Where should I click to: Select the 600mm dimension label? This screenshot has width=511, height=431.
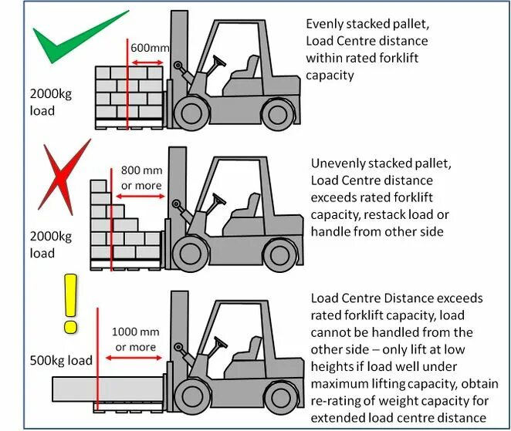[x=149, y=49]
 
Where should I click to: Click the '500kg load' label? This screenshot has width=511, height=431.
[x=63, y=360]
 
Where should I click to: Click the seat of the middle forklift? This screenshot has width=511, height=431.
[x=249, y=207]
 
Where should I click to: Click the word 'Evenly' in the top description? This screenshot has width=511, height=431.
[x=326, y=24]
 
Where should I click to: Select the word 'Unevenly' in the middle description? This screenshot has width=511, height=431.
[x=340, y=164]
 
